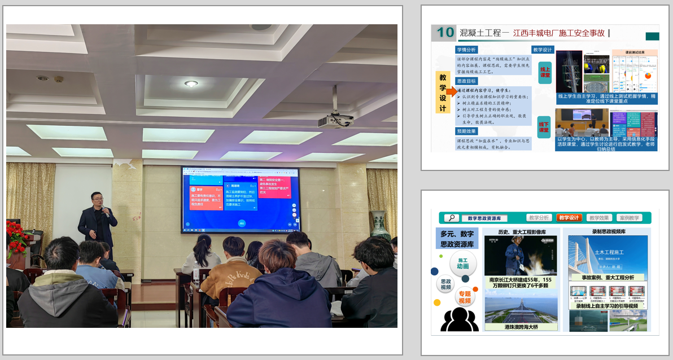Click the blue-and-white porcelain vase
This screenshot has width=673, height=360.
coord(379,225)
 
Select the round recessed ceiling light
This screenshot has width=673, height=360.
coord(191,84)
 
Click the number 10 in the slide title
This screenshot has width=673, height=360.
coord(445,33)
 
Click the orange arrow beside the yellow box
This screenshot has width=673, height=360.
coord(452,91)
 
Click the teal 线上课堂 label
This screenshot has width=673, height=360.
coord(545,72)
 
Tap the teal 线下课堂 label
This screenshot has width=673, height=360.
coord(544,126)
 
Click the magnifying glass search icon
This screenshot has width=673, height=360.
coord(451,218)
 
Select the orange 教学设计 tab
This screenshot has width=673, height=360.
coord(569,218)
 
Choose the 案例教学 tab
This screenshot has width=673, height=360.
coord(629,218)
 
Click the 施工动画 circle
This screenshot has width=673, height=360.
coord(463,262)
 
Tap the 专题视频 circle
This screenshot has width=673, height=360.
coord(464,297)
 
